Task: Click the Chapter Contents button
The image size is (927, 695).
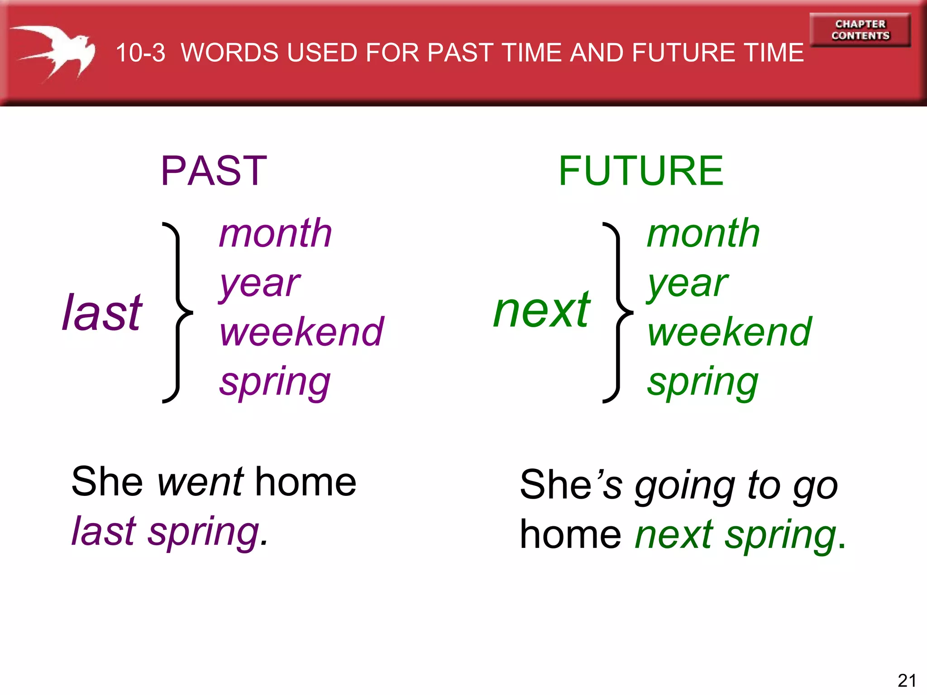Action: tap(860, 30)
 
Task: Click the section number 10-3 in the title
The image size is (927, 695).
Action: tap(140, 53)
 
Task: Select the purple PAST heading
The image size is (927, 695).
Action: tap(214, 171)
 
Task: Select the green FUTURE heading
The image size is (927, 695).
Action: tap(640, 171)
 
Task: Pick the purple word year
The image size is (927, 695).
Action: tap(259, 284)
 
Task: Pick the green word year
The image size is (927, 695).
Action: tap(687, 284)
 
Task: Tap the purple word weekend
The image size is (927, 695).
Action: tap(301, 332)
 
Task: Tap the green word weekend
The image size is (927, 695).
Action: tap(730, 332)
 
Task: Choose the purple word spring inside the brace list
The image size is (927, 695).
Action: tap(275, 382)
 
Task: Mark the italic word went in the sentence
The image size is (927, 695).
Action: tap(201, 482)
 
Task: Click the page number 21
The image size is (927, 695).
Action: tap(907, 680)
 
